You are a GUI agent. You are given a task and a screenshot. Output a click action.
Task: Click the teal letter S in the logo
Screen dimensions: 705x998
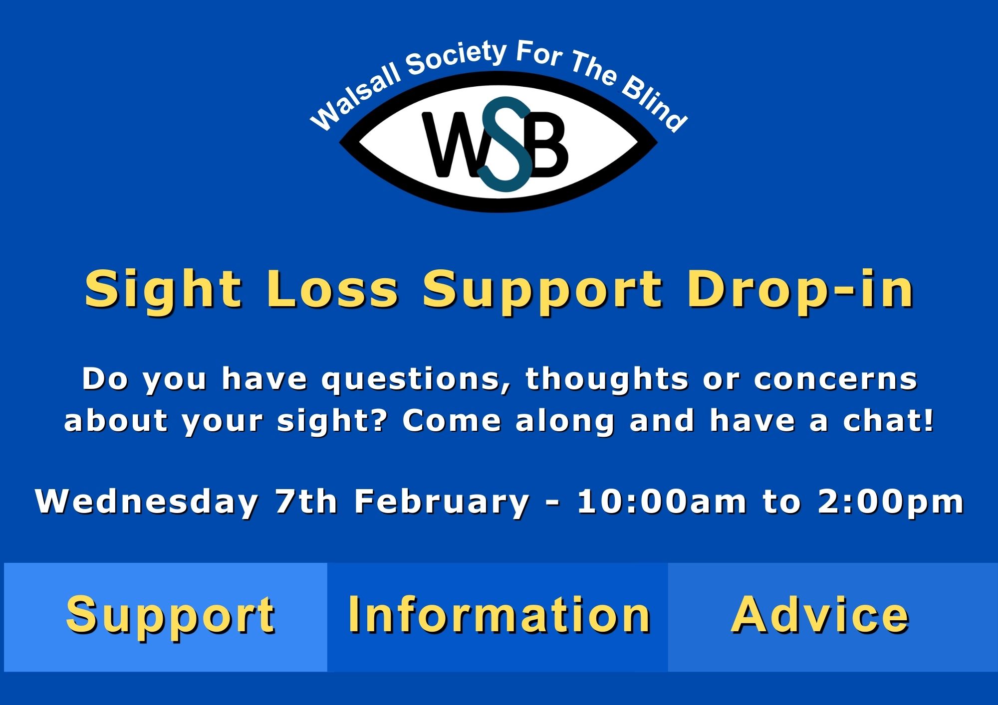point(505,145)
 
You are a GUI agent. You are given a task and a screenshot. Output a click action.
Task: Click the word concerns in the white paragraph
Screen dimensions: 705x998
point(835,380)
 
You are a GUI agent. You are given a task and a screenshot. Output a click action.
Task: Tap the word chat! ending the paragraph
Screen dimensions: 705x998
point(888,421)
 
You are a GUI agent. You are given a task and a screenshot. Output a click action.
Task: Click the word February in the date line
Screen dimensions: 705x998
point(442,502)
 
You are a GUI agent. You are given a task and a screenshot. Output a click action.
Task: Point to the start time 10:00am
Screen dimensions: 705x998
point(662,502)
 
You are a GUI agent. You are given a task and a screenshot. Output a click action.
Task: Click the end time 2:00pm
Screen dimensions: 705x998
point(891,502)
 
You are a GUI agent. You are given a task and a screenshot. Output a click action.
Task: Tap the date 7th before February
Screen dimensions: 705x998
point(306,502)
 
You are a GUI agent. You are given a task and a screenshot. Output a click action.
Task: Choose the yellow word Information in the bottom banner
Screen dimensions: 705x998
point(499,616)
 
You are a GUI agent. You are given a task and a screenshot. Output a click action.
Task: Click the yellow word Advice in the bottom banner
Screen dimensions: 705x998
point(819,616)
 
